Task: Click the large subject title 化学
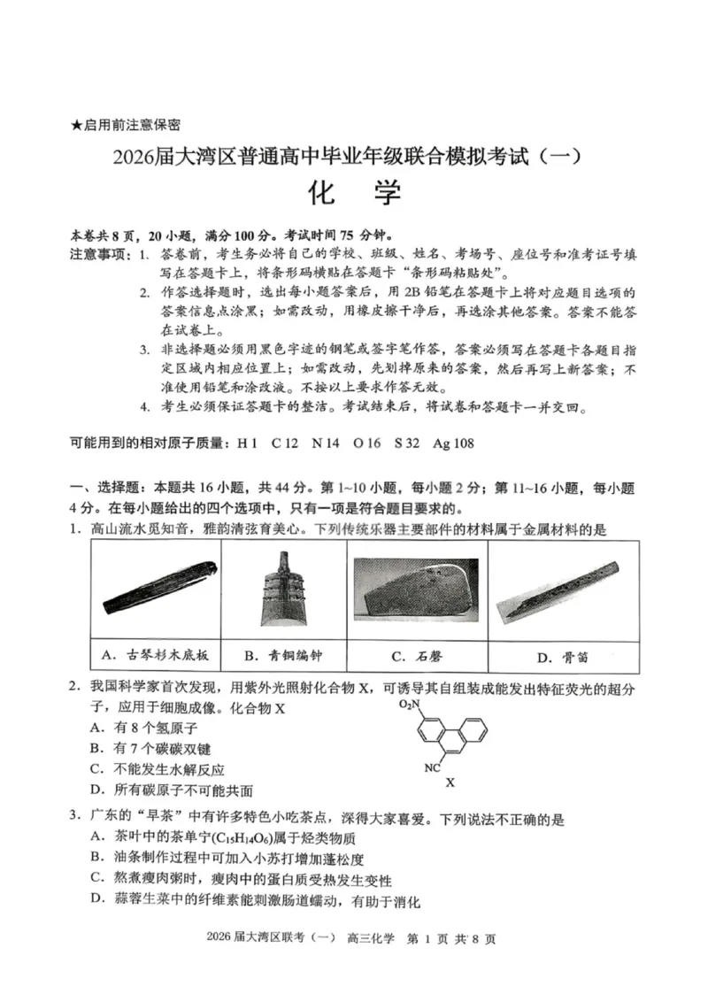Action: pos(354,192)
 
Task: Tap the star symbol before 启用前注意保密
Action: pos(75,126)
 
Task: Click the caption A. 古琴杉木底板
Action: pos(156,655)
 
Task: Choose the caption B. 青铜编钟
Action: pos(284,656)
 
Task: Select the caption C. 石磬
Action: pos(415,656)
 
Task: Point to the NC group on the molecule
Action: pos(432,768)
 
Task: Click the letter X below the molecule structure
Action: pos(450,782)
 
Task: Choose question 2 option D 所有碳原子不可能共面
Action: pos(172,790)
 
